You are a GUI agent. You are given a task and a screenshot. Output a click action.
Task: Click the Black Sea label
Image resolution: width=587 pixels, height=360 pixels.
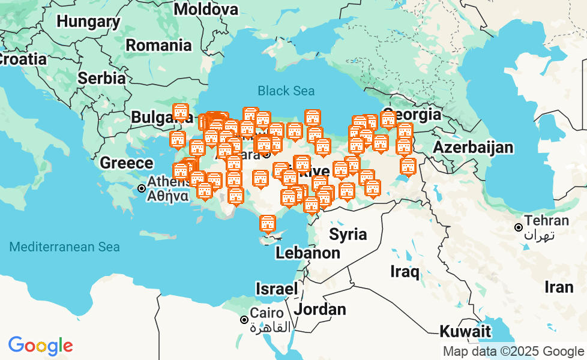click(286, 91)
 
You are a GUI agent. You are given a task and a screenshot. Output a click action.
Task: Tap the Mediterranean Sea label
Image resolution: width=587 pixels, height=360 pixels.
click(65, 247)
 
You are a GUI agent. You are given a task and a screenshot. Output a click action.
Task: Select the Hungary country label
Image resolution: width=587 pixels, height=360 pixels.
click(88, 22)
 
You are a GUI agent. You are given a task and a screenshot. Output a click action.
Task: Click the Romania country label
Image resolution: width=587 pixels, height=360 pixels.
click(158, 45)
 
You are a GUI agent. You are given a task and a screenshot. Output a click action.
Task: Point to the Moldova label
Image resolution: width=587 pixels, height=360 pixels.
click(206, 9)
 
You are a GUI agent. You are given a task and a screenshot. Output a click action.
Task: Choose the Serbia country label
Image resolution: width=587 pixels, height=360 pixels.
click(102, 78)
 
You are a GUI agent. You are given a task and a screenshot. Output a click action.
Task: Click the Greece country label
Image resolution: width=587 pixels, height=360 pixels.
click(126, 163)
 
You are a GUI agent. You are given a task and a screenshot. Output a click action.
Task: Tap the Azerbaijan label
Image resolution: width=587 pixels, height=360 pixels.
click(473, 147)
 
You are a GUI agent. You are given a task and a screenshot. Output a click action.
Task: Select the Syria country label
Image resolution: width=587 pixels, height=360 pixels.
click(348, 234)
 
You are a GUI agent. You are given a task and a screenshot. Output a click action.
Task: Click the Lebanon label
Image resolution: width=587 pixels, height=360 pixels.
click(307, 253)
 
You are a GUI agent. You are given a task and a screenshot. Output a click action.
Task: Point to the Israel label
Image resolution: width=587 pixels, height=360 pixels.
click(276, 289)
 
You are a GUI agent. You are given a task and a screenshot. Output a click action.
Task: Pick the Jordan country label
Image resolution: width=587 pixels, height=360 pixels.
click(320, 310)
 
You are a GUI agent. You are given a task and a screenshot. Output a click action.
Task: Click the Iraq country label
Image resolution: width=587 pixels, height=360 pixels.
click(405, 271)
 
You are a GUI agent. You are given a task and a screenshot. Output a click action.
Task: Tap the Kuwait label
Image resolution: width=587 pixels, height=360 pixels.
click(465, 331)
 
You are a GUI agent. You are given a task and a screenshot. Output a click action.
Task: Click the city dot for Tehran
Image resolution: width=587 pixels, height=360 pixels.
click(518, 227)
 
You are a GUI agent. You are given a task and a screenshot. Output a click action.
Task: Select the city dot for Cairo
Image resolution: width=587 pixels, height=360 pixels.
click(244, 320)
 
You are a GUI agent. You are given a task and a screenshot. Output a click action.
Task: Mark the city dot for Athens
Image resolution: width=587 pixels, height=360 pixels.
click(142, 188)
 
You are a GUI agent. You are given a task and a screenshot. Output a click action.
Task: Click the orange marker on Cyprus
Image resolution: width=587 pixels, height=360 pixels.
click(267, 224)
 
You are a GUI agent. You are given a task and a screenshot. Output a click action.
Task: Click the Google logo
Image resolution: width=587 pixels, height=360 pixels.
click(40, 346)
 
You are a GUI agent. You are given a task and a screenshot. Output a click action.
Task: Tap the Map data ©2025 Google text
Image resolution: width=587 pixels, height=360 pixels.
click(513, 352)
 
